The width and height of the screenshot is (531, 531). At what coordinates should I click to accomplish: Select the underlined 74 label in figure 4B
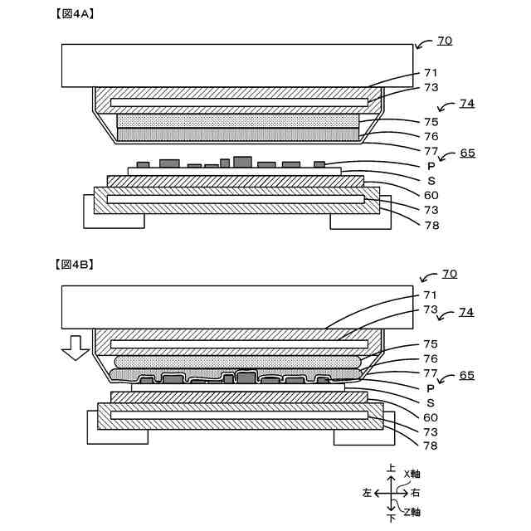(x=466, y=313)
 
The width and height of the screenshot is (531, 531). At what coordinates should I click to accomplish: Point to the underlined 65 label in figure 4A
(x=467, y=153)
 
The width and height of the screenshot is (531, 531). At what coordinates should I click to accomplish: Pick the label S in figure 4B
(x=431, y=402)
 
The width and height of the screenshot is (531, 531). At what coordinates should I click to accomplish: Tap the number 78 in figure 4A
(x=431, y=225)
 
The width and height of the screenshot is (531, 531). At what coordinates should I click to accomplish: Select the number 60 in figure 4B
(x=431, y=417)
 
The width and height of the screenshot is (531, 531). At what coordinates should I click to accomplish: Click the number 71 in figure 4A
(x=431, y=73)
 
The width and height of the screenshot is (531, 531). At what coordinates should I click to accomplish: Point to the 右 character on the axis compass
(x=415, y=493)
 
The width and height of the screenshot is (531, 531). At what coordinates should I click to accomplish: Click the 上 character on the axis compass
(x=391, y=469)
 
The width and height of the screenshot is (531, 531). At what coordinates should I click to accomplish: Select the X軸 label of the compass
(x=412, y=475)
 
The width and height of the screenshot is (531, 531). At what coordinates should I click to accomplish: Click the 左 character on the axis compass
(x=367, y=493)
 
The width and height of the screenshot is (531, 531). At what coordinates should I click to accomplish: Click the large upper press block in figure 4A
(x=237, y=65)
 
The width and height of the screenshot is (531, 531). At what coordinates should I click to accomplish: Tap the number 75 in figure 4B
(x=431, y=343)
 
